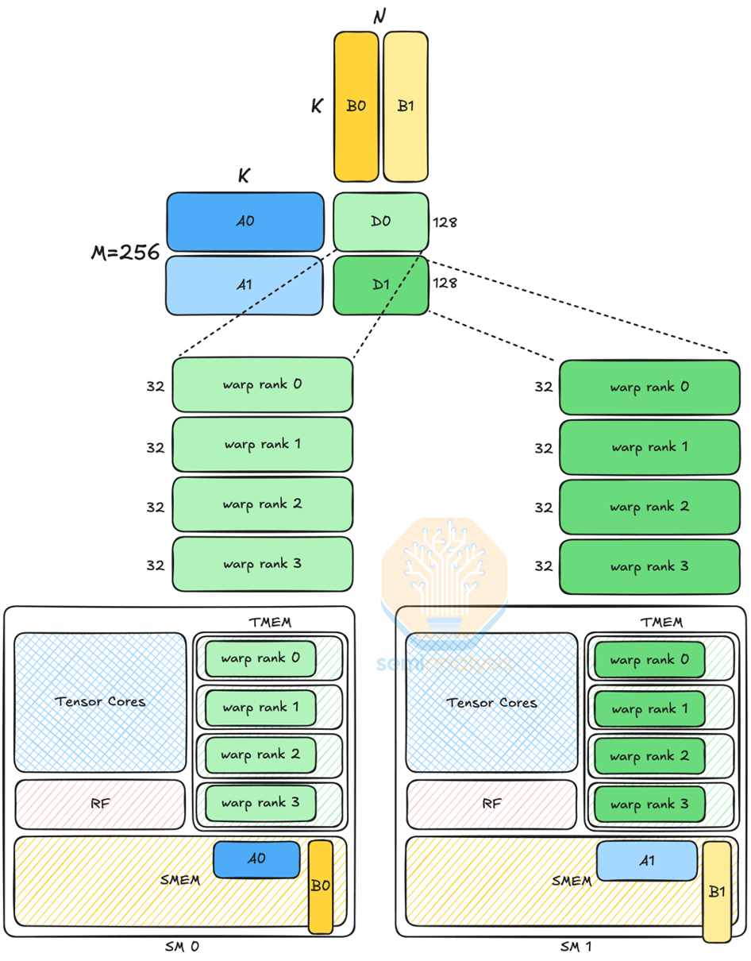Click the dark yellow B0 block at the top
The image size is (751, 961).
[356, 106]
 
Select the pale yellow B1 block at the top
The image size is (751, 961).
[406, 106]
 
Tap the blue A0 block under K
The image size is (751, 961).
[245, 222]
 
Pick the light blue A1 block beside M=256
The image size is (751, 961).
[245, 284]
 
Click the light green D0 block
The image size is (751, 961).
[380, 222]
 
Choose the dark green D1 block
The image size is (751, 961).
[380, 284]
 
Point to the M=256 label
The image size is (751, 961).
[125, 253]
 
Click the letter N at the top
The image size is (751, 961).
[380, 16]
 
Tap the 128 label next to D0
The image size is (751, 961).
[445, 222]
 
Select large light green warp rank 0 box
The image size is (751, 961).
[262, 384]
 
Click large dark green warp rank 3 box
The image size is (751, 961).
[649, 567]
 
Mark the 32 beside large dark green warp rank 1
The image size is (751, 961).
[543, 448]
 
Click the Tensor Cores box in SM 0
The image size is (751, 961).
[101, 701]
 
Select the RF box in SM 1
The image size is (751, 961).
[491, 804]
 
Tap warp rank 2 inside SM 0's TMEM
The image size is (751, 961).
[260, 755]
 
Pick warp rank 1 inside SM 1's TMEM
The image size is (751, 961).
[649, 708]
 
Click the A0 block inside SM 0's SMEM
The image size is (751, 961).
[256, 859]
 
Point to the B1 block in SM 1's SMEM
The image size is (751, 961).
[717, 891]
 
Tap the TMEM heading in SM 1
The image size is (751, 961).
[661, 622]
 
